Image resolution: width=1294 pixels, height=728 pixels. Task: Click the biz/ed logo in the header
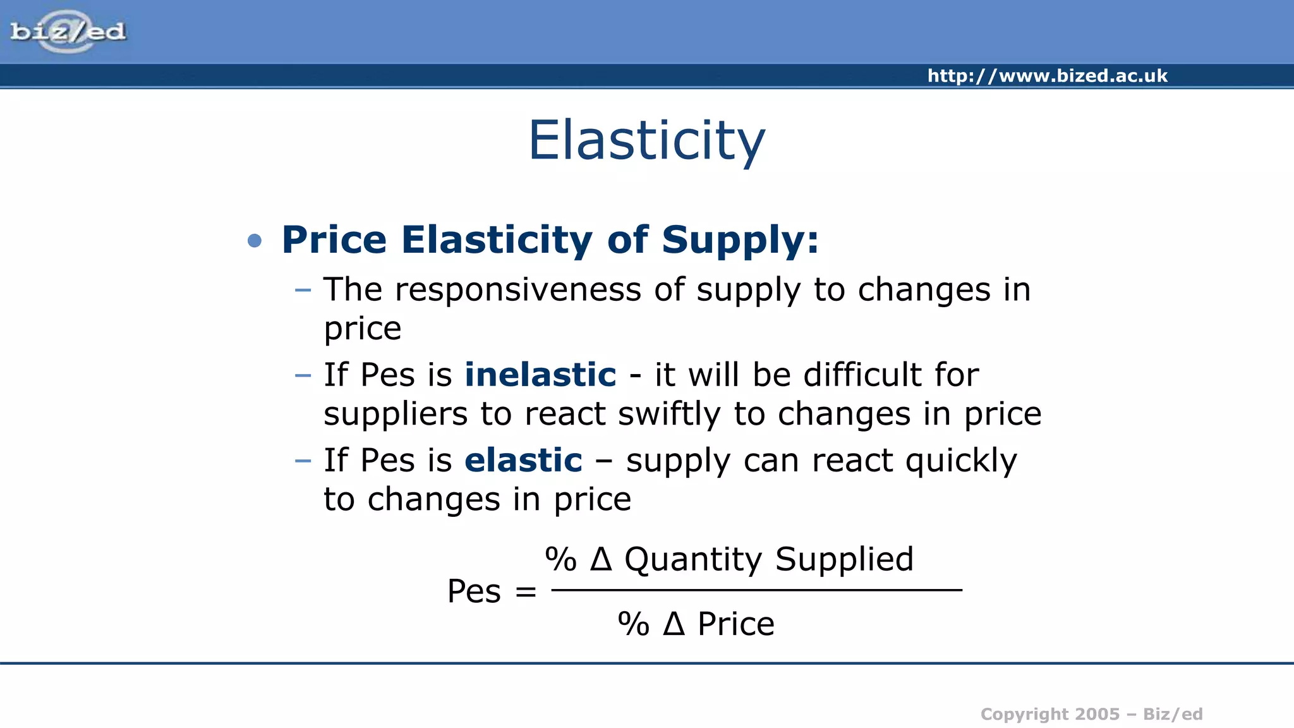click(68, 32)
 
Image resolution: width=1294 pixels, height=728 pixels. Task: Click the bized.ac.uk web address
click(1047, 76)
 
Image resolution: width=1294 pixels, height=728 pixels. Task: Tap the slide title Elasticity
click(646, 140)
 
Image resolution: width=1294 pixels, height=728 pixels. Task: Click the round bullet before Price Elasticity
click(255, 241)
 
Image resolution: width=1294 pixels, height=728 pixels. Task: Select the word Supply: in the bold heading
click(740, 240)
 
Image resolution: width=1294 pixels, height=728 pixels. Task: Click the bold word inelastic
click(540, 375)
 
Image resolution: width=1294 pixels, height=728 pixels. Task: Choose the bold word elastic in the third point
click(523, 460)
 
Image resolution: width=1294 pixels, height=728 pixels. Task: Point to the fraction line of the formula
click(756, 590)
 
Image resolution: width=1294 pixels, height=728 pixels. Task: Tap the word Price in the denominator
click(735, 624)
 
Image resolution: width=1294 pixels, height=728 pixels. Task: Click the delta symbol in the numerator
click(601, 559)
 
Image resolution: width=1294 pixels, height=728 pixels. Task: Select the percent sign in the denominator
click(633, 624)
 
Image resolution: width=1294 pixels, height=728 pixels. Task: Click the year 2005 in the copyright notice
click(1097, 714)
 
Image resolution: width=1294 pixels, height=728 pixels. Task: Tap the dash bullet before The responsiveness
click(303, 290)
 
